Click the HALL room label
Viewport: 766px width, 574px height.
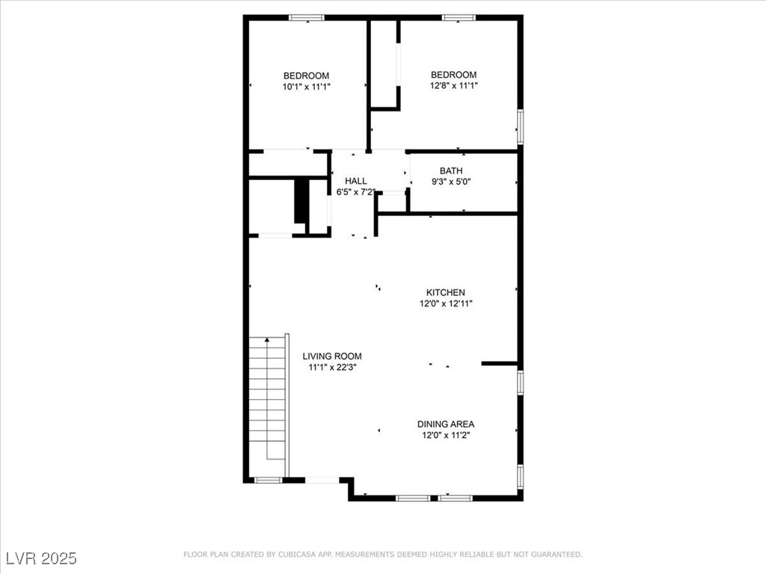(x=355, y=181)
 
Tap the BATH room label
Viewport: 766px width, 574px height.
(x=451, y=171)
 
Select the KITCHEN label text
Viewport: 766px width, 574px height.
(x=446, y=292)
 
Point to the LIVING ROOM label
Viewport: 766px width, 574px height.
(x=332, y=357)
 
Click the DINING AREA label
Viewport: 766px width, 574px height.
(x=446, y=425)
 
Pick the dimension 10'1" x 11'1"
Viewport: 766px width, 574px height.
(x=306, y=87)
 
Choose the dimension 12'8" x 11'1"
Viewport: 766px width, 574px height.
(x=453, y=86)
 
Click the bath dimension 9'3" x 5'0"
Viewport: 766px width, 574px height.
(x=451, y=182)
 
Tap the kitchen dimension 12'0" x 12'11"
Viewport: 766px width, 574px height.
(x=446, y=303)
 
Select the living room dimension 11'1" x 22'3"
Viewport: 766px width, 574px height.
(x=332, y=367)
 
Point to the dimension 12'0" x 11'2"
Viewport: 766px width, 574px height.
(x=446, y=435)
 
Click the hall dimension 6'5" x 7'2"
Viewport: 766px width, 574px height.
(x=355, y=192)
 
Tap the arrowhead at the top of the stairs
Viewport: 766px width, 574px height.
(x=267, y=339)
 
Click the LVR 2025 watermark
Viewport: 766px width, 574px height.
(x=42, y=558)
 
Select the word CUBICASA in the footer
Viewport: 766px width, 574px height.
(x=296, y=555)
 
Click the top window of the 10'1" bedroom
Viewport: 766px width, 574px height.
(x=306, y=18)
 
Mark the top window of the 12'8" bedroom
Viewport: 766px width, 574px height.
(x=459, y=18)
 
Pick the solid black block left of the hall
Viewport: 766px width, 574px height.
(x=302, y=202)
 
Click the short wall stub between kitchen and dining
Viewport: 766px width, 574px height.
(x=499, y=364)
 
